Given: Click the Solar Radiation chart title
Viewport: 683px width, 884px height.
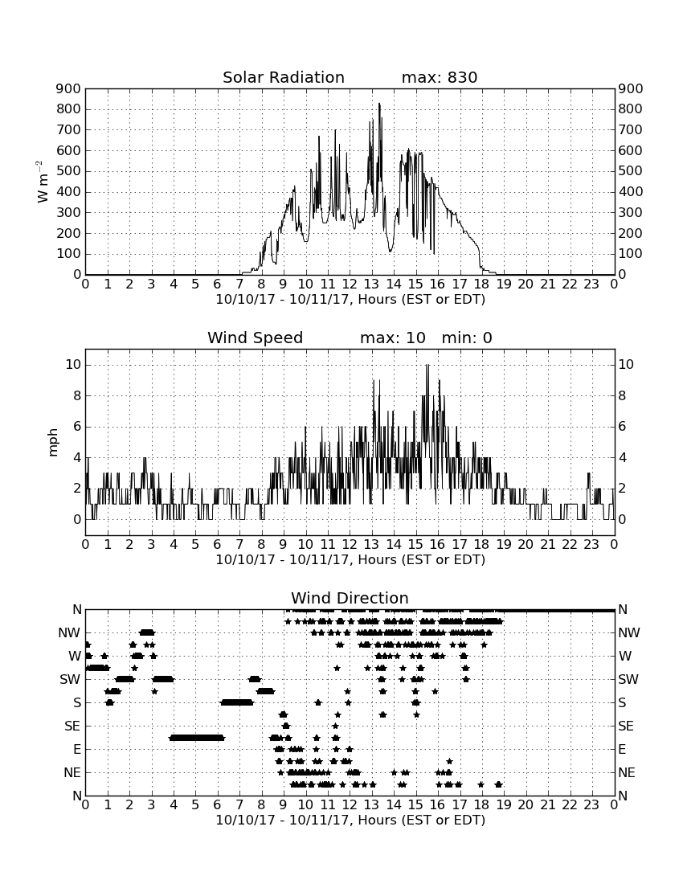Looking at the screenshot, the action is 284,77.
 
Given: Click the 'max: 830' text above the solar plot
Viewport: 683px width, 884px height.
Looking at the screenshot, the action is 440,77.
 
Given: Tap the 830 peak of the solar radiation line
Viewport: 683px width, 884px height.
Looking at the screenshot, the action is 379,104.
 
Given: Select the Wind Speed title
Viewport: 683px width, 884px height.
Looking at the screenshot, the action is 256,338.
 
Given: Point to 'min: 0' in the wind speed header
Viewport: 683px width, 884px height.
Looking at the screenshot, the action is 467,338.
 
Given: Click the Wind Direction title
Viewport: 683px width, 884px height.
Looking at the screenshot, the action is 350,598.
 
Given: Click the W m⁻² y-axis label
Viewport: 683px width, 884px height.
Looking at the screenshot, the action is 41,182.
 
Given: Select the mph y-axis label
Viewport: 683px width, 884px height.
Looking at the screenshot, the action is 53,443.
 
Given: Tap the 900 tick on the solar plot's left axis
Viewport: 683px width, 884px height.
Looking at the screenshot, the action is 69,88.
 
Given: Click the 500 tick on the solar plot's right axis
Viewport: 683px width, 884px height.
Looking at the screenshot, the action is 631,171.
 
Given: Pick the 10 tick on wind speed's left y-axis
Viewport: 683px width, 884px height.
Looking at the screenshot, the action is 73,365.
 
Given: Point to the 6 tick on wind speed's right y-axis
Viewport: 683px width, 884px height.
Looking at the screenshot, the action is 622,426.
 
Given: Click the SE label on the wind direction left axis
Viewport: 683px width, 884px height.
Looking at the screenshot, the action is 72,726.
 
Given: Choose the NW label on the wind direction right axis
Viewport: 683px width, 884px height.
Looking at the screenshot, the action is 629,633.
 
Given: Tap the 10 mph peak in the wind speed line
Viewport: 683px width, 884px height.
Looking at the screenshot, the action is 427,366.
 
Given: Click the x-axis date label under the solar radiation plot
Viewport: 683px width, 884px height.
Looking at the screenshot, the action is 350,300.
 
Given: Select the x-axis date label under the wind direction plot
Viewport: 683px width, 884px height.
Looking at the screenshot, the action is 350,821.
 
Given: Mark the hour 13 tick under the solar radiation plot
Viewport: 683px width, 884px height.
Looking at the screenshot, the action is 371,284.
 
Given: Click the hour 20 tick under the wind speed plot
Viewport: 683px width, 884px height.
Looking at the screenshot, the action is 526,545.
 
